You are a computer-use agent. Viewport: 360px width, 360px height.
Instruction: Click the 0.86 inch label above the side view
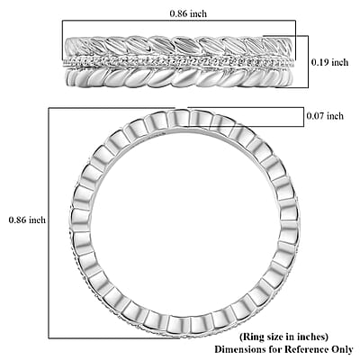point(188,13)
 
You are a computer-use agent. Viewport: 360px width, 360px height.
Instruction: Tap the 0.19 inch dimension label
point(329,62)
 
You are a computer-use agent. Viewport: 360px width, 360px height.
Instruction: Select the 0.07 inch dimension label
point(325,116)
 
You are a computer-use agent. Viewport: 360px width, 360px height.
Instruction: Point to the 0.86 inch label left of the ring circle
point(27,220)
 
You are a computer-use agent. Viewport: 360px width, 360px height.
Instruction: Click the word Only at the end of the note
point(343,350)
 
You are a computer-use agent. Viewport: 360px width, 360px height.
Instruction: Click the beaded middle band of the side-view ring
point(179,62)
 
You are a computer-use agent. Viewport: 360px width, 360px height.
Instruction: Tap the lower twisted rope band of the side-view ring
point(179,77)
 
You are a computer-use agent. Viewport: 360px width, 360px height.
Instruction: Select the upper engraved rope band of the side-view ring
point(179,46)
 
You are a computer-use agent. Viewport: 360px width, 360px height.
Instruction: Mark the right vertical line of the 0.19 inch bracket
point(308,62)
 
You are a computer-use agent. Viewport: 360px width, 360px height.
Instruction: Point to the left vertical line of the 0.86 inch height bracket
point(49,223)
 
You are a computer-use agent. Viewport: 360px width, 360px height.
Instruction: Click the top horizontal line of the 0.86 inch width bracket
point(179,21)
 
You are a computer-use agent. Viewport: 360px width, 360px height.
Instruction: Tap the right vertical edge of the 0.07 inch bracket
point(303,117)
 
